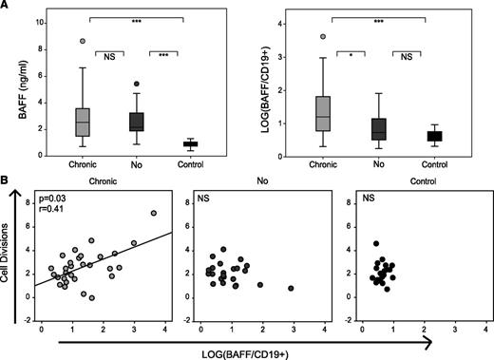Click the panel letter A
6,7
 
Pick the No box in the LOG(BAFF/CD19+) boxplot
351,128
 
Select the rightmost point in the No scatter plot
291,288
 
